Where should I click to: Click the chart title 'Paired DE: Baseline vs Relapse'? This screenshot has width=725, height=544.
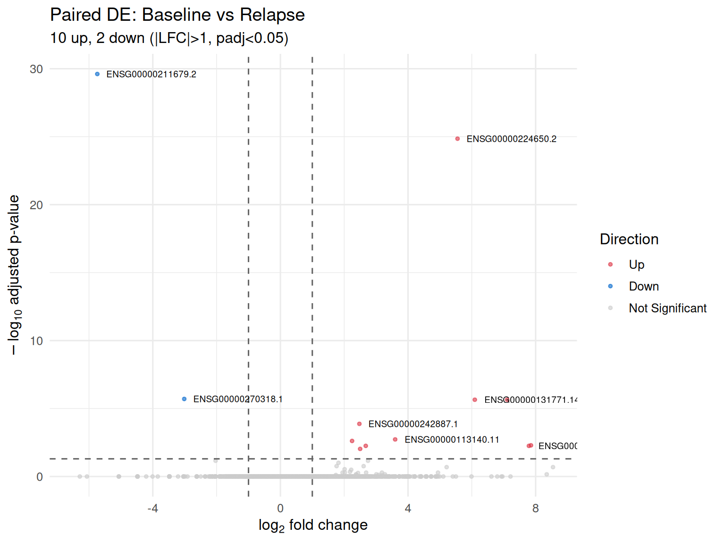(x=177, y=15)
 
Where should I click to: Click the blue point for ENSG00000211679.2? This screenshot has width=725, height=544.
(x=97, y=74)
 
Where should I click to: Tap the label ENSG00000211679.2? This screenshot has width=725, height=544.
(x=151, y=74)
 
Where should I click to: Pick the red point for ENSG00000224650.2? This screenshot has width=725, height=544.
(x=457, y=139)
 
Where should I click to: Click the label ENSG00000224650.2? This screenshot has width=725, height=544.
(x=511, y=139)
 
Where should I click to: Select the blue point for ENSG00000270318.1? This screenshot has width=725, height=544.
(x=184, y=399)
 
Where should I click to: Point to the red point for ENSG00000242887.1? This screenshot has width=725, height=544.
(x=359, y=424)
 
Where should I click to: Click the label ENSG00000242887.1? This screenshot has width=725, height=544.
(x=413, y=424)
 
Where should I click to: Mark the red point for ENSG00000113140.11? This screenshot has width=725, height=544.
(x=395, y=440)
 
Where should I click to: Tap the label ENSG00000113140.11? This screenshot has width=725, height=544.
(x=452, y=440)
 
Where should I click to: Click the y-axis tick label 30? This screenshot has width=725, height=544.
(x=36, y=69)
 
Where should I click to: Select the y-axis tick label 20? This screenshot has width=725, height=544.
(x=36, y=205)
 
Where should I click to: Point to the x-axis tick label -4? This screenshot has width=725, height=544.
(x=152, y=509)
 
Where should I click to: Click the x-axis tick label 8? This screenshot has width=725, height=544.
(x=535, y=509)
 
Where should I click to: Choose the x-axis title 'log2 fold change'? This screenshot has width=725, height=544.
(x=313, y=525)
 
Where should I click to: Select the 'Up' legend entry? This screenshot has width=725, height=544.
(x=636, y=264)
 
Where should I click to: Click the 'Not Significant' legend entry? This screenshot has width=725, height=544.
(x=667, y=308)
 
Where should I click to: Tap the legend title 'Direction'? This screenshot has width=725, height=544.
(x=629, y=239)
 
